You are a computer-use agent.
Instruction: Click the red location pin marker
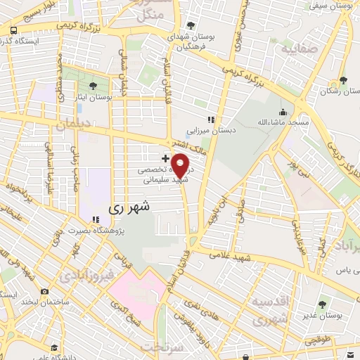pos(180,165)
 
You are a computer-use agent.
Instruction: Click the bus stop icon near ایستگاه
pos(14,30)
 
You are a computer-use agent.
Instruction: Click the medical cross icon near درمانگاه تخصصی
pos(165,159)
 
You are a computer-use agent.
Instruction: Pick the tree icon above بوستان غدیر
pos(322,304)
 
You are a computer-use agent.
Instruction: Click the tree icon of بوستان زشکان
pos(343,80)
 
